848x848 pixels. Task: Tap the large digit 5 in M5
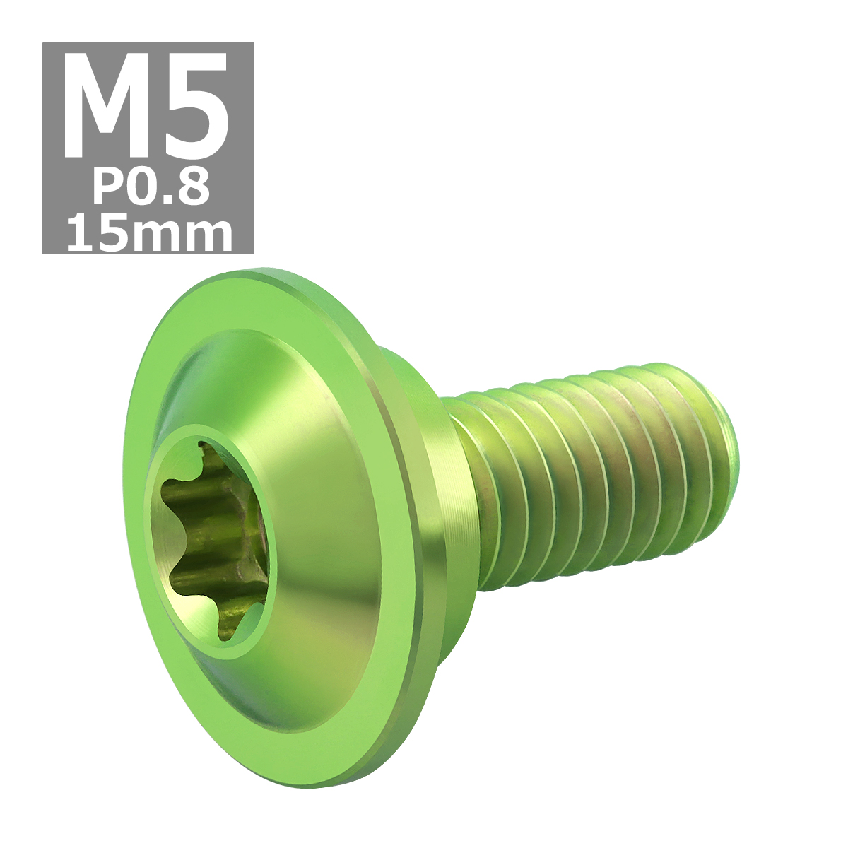[196, 107]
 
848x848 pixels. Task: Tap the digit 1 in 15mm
[79, 235]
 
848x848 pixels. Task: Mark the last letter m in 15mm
[207, 238]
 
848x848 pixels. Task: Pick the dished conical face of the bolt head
[318, 495]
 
